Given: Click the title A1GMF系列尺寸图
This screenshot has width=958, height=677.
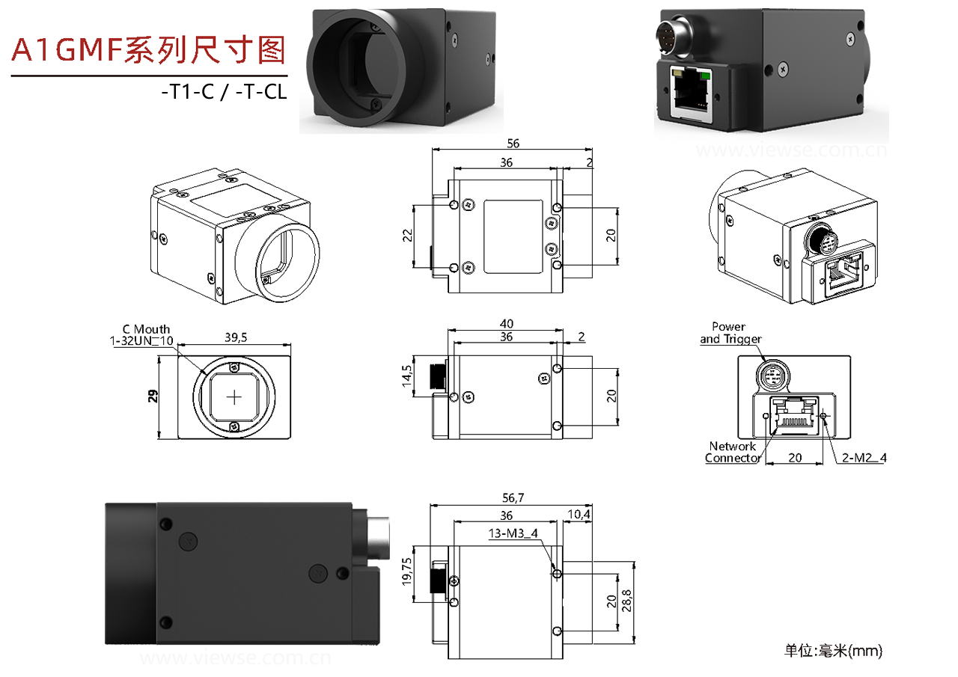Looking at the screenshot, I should (149, 50).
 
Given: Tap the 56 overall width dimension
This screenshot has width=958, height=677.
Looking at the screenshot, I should (513, 144).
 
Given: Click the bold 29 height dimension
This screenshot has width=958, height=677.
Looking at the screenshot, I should (153, 397).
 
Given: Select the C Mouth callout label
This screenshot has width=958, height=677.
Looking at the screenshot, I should (147, 329).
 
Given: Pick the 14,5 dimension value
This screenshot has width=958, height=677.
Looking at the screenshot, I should (407, 375).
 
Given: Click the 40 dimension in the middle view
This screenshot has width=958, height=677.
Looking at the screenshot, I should (506, 323).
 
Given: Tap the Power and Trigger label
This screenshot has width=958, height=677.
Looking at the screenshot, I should (730, 333).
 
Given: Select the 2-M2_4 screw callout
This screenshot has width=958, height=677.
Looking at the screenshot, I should (863, 457).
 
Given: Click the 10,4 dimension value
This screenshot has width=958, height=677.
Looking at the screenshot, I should (579, 515).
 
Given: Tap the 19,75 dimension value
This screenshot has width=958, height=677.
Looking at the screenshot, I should (408, 572).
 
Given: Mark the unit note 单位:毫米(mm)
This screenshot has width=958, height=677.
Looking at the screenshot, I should (833, 651).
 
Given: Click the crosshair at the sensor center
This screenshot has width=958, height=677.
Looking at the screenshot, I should (235, 397).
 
